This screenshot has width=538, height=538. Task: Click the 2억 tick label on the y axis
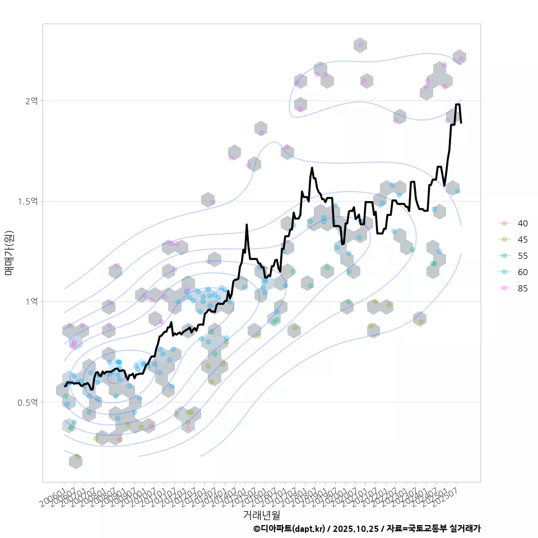31,101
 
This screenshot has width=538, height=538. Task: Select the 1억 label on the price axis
31,302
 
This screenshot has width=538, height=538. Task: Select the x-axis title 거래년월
261,514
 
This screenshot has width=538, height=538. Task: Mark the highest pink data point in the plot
360,45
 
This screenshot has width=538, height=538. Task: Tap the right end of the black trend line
461,122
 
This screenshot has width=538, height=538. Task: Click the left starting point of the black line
65,386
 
